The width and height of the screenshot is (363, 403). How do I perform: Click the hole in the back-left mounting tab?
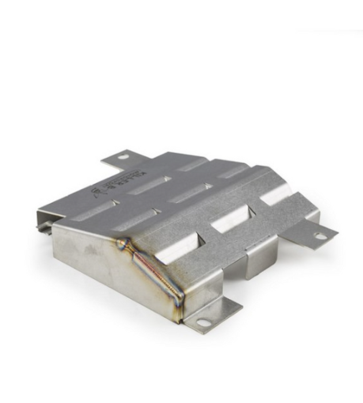123,156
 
